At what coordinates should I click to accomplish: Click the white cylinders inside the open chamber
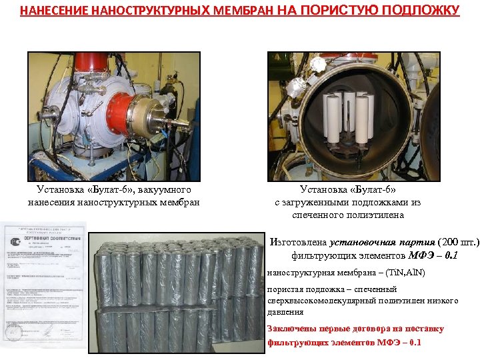pyautogui.click(x=349, y=117)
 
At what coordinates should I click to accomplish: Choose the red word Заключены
pyautogui.click(x=289, y=329)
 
